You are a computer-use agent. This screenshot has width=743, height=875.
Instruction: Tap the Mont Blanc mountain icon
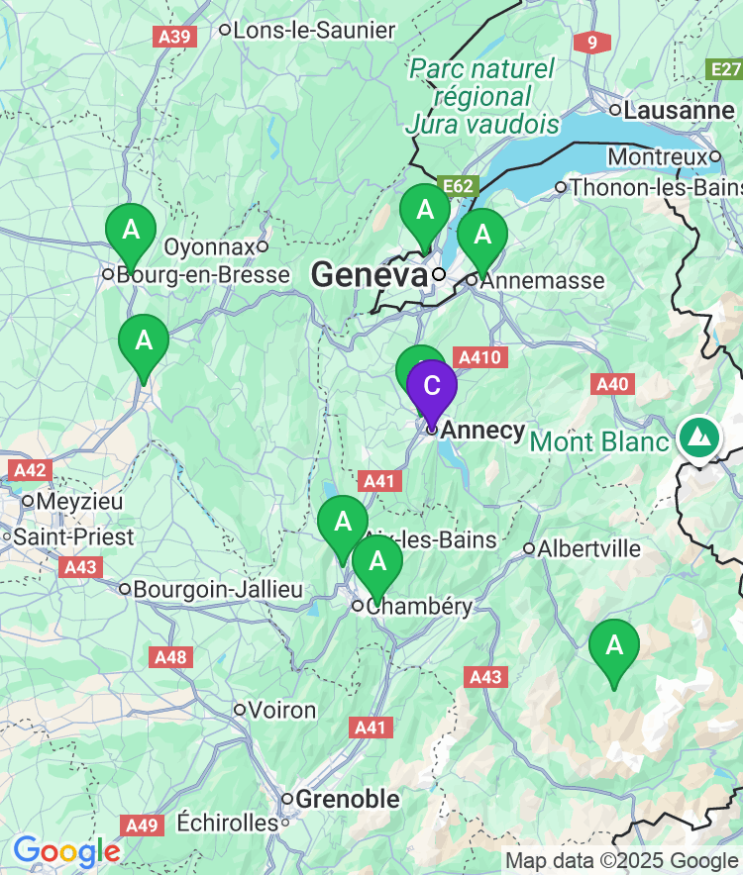coord(699,437)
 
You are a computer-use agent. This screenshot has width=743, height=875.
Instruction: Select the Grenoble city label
coord(348,799)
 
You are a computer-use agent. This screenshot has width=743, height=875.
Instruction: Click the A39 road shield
coord(175,37)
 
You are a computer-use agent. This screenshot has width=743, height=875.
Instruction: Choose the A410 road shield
coord(479,357)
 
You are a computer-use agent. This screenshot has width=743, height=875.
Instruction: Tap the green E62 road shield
coord(461,186)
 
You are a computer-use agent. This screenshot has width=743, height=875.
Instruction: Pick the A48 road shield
coord(170,656)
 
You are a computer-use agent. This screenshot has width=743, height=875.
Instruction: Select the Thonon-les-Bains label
coord(655,186)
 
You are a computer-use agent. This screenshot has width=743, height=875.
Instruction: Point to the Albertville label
coord(588,548)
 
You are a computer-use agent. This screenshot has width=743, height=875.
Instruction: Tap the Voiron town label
coord(282,710)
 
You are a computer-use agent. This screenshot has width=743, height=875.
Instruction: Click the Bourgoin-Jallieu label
coord(217,589)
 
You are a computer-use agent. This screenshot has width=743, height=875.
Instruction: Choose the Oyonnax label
coord(209,245)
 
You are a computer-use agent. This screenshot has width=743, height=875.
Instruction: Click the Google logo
coord(66,850)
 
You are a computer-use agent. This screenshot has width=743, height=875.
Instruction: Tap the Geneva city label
coord(370,274)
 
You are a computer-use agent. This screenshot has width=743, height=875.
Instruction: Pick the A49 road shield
coord(142,825)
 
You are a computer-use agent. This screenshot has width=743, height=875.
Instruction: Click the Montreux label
coord(658,156)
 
